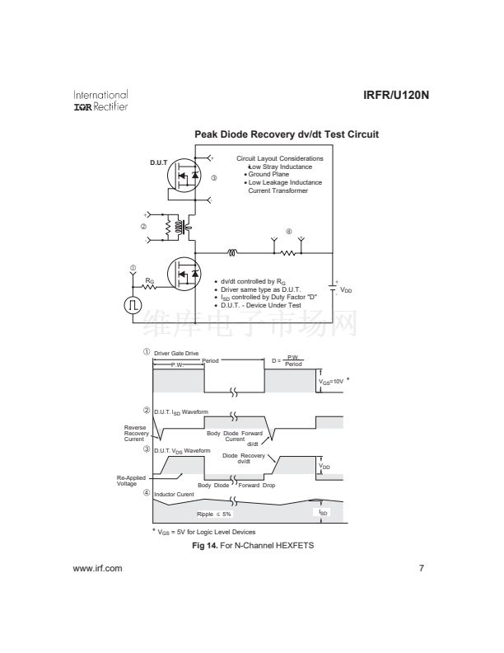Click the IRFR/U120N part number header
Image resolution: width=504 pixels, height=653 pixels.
coord(396,95)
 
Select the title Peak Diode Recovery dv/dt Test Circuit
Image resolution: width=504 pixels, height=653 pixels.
coord(286,134)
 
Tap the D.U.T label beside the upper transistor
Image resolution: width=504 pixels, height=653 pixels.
coord(159,162)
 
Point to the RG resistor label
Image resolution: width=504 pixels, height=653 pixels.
coord(149,281)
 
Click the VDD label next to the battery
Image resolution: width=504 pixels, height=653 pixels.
coord(346,290)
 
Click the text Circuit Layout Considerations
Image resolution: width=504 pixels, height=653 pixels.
coord(279,158)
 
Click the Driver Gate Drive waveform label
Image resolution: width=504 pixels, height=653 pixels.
coord(176,353)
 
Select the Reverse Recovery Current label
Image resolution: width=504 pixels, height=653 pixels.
coord(135,434)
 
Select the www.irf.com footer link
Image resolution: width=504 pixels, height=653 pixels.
coord(97,568)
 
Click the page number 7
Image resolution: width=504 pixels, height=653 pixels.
coord(421,568)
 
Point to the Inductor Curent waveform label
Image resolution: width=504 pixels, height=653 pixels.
coord(174,494)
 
